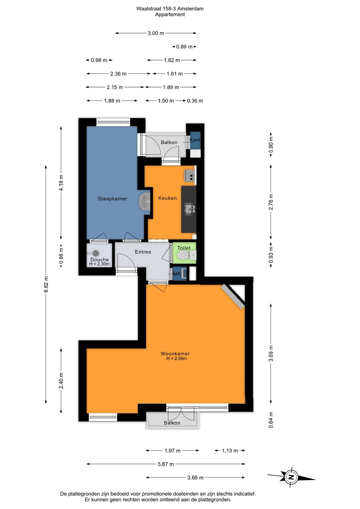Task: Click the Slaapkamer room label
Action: coord(112,198)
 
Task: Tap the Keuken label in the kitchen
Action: coord(167,198)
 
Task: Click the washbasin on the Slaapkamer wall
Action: coord(144,201)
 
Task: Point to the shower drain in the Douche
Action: coord(96,253)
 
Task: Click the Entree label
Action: coord(143,252)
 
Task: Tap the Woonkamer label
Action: coord(175,354)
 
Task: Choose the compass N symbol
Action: coord(291,477)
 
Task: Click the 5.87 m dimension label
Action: coord(166,464)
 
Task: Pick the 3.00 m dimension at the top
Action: coord(156,33)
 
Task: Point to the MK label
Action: coord(177,274)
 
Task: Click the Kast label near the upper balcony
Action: coord(195,140)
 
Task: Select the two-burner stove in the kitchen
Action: coord(190,176)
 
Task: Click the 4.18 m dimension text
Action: coord(61,183)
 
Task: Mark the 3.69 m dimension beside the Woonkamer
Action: coord(271,353)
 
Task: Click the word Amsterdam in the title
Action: coord(190,9)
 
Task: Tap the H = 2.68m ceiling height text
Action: coord(176,359)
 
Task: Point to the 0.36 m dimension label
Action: coord(195,101)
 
